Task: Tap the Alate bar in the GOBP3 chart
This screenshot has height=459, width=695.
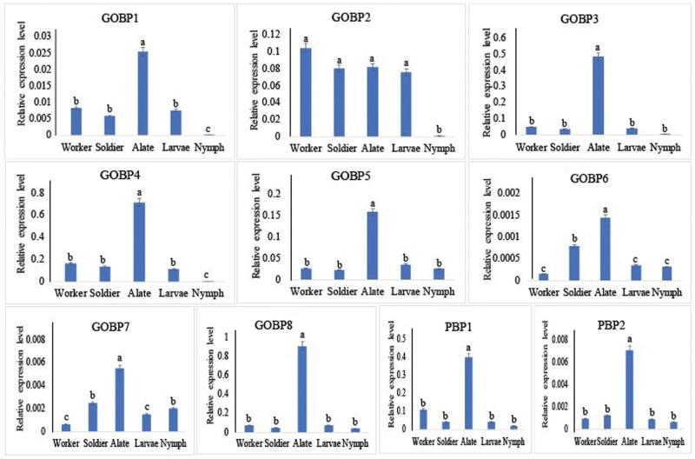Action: pyautogui.click(x=598, y=96)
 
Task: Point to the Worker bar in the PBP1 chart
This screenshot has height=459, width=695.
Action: pyautogui.click(x=423, y=419)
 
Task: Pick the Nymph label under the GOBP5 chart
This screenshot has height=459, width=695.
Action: pyautogui.click(x=447, y=292)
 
